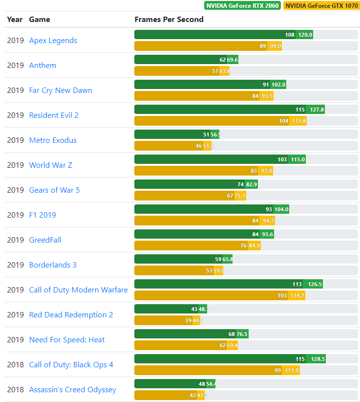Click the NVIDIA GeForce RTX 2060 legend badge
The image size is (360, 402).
pyautogui.click(x=242, y=6)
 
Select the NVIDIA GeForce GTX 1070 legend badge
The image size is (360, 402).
pyautogui.click(x=321, y=6)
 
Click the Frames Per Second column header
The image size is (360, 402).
pyautogui.click(x=169, y=20)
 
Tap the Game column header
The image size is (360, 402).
pyautogui.click(x=40, y=20)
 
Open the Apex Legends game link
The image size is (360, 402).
pyautogui.click(x=53, y=41)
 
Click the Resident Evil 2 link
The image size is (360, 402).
pyautogui.click(x=54, y=115)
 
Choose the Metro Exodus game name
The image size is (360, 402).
pyautogui.click(x=53, y=140)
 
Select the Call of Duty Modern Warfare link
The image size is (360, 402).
pyautogui.click(x=78, y=290)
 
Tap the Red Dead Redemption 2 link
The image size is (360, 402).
pyautogui.click(x=71, y=315)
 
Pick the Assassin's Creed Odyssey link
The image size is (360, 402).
pyautogui.click(x=72, y=390)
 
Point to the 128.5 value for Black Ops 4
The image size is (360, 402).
pyautogui.click(x=318, y=359)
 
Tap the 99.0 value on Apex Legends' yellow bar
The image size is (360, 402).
pyautogui.click(x=275, y=46)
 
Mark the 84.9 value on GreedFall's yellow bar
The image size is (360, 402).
pyautogui.click(x=254, y=246)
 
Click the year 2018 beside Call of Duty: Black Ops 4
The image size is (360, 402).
pyautogui.click(x=15, y=365)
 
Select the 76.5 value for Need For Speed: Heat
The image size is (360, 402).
pyautogui.click(x=242, y=334)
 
